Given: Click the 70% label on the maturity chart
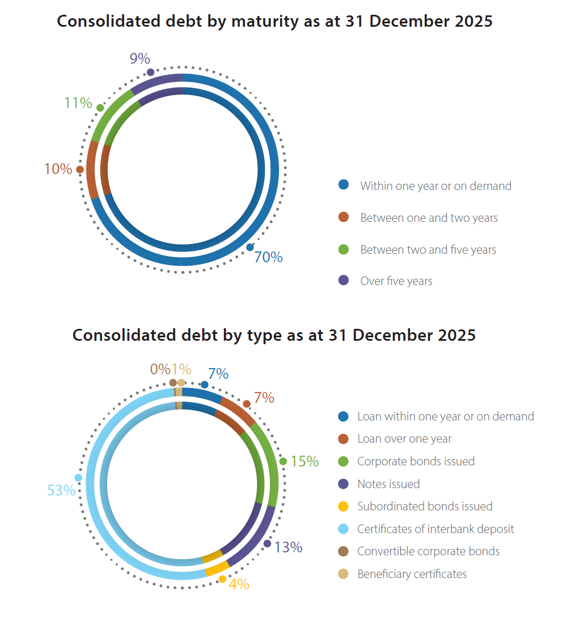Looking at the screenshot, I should coord(268,257).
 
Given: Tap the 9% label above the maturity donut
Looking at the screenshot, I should coord(140,59).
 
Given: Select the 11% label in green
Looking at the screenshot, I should coord(78,103).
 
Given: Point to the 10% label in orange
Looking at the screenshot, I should coord(58,169).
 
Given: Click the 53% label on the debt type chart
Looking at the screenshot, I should coord(61,490).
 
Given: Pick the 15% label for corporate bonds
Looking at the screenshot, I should coord(305,461).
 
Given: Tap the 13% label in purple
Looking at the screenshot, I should coord(288,547).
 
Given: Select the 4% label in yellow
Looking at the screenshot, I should coord(239,584).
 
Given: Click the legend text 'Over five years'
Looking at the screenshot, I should coord(396,281).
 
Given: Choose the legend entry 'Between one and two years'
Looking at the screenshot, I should coord(429,218).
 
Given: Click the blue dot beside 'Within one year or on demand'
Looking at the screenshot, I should coord(343,185).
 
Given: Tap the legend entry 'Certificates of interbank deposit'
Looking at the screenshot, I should coord(436,529).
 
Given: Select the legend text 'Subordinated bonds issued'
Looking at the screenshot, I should coord(425,506).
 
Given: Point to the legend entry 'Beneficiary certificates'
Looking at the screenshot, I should coord(412,574).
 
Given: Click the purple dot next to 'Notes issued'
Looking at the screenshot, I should coord(343,484).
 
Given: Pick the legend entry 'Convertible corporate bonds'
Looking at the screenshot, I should coord(428,551).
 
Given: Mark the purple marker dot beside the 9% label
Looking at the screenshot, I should coord(150,72).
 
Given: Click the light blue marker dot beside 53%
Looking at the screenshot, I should coord(78,477).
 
